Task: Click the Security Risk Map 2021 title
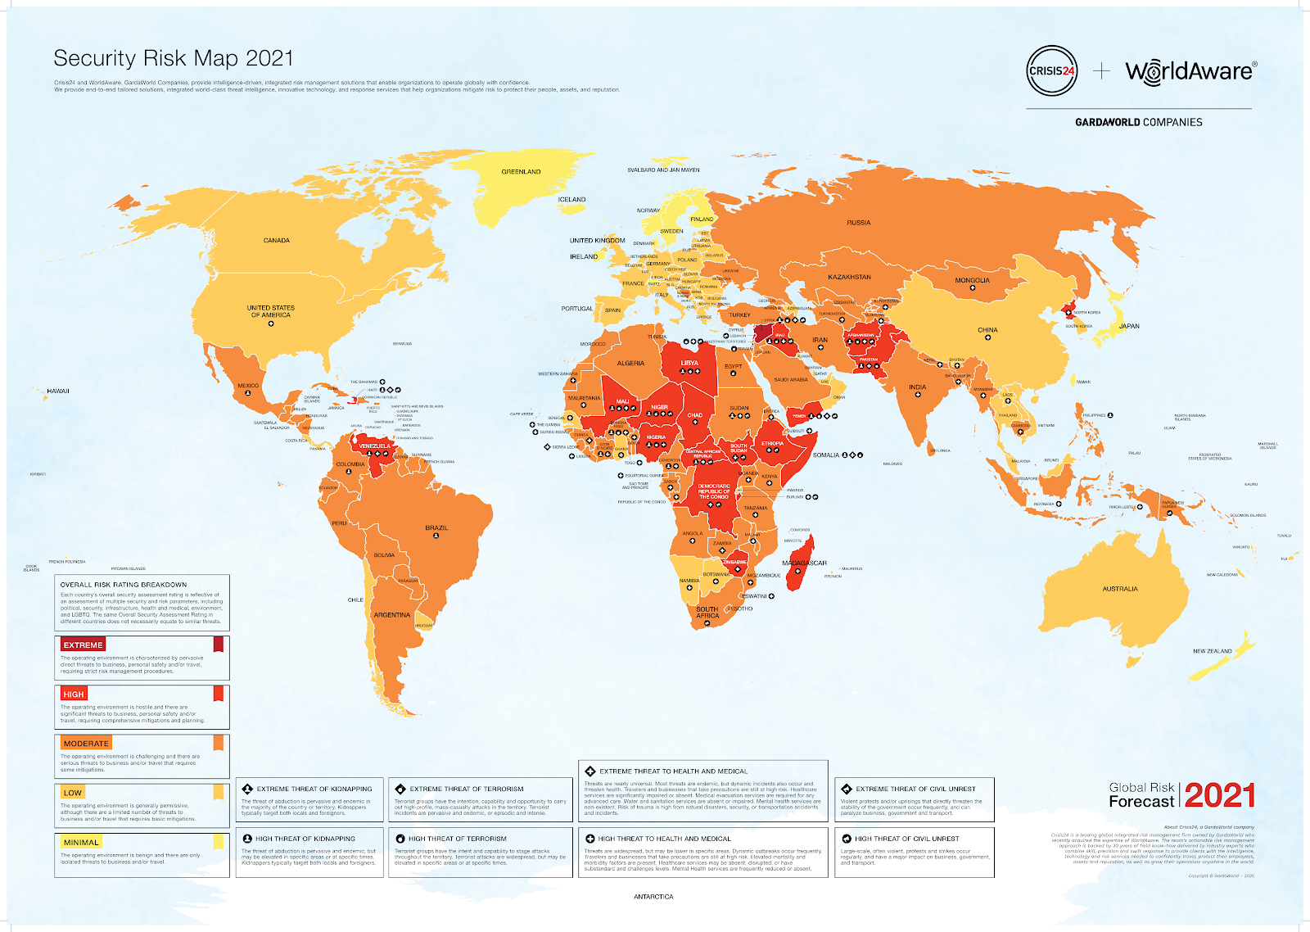(x=173, y=58)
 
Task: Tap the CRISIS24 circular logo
(x=1051, y=71)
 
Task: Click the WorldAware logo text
(x=1190, y=71)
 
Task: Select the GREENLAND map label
(x=521, y=172)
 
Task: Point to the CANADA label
(x=277, y=241)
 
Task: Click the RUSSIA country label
(x=858, y=223)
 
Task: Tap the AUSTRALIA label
(x=1119, y=589)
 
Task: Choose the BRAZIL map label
(x=436, y=528)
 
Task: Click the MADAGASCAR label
(x=804, y=563)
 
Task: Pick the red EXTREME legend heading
(x=83, y=645)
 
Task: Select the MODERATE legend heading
(x=86, y=744)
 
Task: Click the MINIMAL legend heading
(x=81, y=842)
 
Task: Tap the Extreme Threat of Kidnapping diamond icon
(x=247, y=789)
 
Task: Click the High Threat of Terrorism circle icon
(x=400, y=839)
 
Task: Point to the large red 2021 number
(x=1219, y=795)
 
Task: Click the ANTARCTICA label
(x=653, y=897)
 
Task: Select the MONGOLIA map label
(x=972, y=280)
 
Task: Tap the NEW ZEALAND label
(x=1212, y=651)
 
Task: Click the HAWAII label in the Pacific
(x=58, y=391)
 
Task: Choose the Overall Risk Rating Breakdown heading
(x=123, y=585)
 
